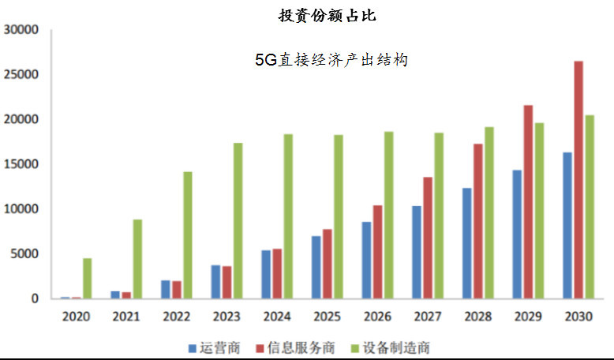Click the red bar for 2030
pos(578,180)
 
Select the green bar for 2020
pos(88,279)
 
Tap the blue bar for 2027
pos(417,253)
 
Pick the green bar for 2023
pos(238,220)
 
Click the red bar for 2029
pos(528,202)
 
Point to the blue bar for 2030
pos(567,225)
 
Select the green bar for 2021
pos(137,259)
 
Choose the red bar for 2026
pos(377,252)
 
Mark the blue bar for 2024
pos(266,274)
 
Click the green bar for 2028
pos(489,212)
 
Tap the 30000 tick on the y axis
pos(21,30)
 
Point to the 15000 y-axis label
pos(21,164)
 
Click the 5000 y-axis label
pos(24,254)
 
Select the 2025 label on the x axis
pos(327,316)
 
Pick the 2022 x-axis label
pos(177,316)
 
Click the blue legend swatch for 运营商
pos(193,348)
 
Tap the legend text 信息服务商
pos(301,348)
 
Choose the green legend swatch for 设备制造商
pos(355,348)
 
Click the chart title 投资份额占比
pos(327,15)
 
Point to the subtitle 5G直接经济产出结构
pos(331,60)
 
